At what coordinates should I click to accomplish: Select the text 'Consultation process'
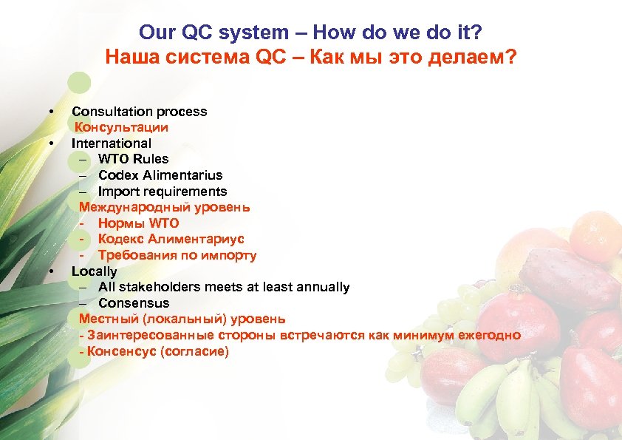(x=139, y=112)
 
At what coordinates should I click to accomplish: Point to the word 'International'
(x=112, y=143)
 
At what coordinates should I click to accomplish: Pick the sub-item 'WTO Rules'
(x=133, y=159)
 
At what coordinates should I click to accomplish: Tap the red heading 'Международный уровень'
(x=164, y=208)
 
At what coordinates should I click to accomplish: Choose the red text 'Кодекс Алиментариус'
(x=171, y=240)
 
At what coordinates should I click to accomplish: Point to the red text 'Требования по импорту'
(x=177, y=256)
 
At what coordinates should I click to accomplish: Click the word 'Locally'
(x=94, y=271)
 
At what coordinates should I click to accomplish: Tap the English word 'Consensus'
(x=134, y=303)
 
